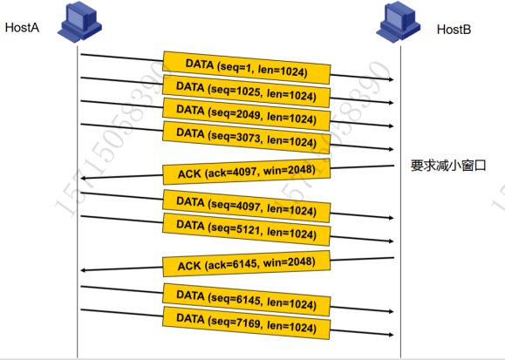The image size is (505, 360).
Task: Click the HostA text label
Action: pyautogui.click(x=22, y=27)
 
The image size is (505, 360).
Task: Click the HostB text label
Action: pyautogui.click(x=454, y=30)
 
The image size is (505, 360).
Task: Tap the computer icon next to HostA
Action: pyautogui.click(x=79, y=22)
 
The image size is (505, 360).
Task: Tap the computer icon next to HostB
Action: pyautogui.click(x=398, y=22)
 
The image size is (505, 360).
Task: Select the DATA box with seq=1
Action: pyautogui.click(x=247, y=68)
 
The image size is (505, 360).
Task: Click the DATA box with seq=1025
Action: pyautogui.click(x=246, y=91)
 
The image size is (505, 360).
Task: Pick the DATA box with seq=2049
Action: pyautogui.click(x=246, y=114)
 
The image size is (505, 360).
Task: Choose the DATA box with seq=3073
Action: pyautogui.click(x=246, y=137)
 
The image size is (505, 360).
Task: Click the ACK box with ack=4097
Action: pyautogui.click(x=247, y=172)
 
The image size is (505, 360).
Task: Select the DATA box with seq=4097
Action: pyautogui.click(x=246, y=206)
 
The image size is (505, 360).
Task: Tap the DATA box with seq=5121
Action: pyautogui.click(x=246, y=229)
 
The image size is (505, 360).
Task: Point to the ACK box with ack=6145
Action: pyautogui.click(x=247, y=264)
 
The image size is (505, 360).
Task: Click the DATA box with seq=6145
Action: pyautogui.click(x=246, y=300)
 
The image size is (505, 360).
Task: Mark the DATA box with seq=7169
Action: pyautogui.click(x=246, y=323)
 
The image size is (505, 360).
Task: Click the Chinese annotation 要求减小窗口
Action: pyautogui.click(x=448, y=166)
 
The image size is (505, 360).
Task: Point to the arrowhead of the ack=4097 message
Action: pyautogui.click(x=83, y=178)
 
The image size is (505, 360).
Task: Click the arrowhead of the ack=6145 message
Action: pyautogui.click(x=83, y=270)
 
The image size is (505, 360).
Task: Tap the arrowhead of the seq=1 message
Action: pyautogui.click(x=392, y=79)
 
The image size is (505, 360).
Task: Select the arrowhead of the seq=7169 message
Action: pyautogui.click(x=392, y=335)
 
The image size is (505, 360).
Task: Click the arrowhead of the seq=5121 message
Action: pyautogui.click(x=392, y=241)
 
